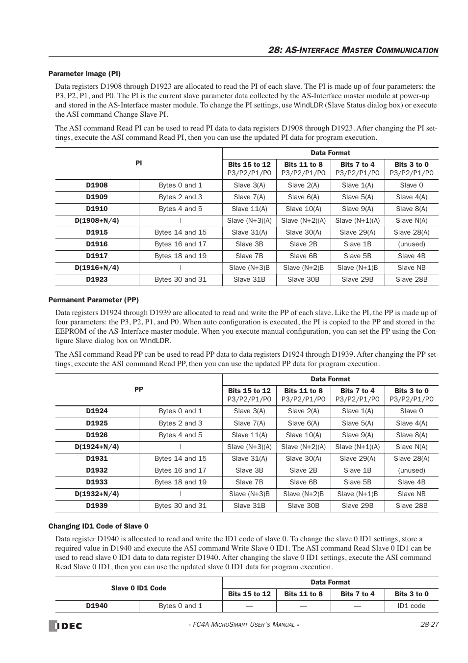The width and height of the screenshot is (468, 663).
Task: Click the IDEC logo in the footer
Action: tap(65, 625)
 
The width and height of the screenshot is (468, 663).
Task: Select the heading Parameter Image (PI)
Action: tap(84, 74)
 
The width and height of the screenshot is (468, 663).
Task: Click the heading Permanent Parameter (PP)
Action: tap(93, 300)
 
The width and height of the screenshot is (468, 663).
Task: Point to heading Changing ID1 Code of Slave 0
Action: tap(98, 526)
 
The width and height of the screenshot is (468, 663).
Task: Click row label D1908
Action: tap(97, 185)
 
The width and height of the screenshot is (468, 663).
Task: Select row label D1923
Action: tap(97, 279)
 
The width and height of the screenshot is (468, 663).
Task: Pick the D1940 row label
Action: tap(97, 606)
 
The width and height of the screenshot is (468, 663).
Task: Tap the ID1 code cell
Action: tap(411, 606)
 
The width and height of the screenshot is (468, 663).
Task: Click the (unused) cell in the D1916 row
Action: tap(411, 244)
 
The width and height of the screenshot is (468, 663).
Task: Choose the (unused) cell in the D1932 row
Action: tap(411, 470)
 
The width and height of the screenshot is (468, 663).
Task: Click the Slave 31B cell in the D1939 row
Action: tap(249, 505)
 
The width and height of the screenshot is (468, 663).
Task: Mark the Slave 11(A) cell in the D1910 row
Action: tap(249, 209)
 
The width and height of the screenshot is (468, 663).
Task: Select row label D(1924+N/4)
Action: tap(97, 447)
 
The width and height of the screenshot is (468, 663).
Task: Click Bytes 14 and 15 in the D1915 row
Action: tap(180, 232)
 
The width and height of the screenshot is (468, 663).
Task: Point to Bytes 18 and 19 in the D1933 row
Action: tap(180, 482)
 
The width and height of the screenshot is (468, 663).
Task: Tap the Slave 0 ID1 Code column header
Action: tap(138, 588)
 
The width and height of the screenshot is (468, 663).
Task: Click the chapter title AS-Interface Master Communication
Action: tap(353, 50)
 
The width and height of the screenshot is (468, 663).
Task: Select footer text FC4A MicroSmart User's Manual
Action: tap(244, 625)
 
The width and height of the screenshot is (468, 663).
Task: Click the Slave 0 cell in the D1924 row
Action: tap(411, 411)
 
